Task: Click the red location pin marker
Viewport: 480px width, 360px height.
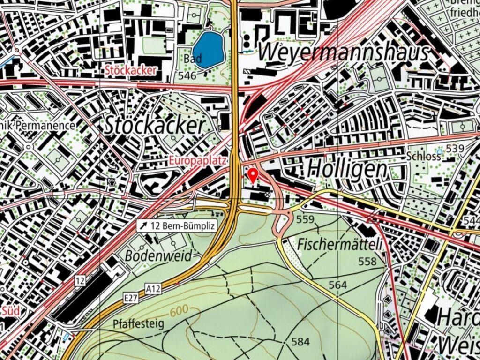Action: click(253, 175)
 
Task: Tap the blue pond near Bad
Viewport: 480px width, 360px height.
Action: click(208, 50)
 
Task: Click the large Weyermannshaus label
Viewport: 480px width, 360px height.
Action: click(343, 52)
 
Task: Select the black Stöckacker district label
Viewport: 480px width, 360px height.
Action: click(155, 126)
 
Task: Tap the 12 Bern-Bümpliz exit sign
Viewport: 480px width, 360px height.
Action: click(177, 225)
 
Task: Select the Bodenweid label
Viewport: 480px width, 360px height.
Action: click(159, 256)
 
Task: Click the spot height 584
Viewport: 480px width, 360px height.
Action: click(300, 342)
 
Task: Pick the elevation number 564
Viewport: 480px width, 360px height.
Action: click(337, 285)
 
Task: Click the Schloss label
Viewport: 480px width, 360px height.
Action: click(424, 156)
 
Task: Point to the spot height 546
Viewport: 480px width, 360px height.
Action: click(187, 75)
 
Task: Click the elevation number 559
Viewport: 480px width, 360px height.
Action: click(305, 219)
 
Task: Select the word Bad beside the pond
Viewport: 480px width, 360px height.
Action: click(193, 60)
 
